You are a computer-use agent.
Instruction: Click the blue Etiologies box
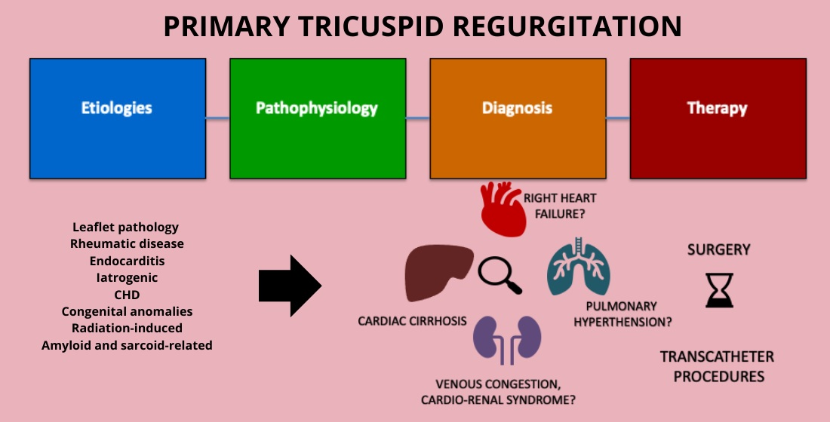click(117, 118)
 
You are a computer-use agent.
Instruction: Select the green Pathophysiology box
click(318, 118)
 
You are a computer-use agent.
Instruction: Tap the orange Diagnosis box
click(518, 118)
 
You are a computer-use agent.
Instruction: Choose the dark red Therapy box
click(718, 118)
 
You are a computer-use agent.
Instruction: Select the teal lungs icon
click(579, 265)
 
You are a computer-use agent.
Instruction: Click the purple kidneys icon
click(508, 337)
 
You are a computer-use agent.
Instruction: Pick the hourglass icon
click(719, 289)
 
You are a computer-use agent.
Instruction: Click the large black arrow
click(290, 286)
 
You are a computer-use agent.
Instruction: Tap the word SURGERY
click(719, 249)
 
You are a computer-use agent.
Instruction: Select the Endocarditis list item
click(127, 261)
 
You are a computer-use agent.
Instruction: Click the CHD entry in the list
click(127, 295)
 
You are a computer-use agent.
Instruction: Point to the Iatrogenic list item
click(127, 277)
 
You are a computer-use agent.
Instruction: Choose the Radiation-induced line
click(127, 329)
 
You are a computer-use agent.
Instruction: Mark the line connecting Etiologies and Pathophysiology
click(217, 118)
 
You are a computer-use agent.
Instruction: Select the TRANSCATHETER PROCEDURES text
click(718, 366)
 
